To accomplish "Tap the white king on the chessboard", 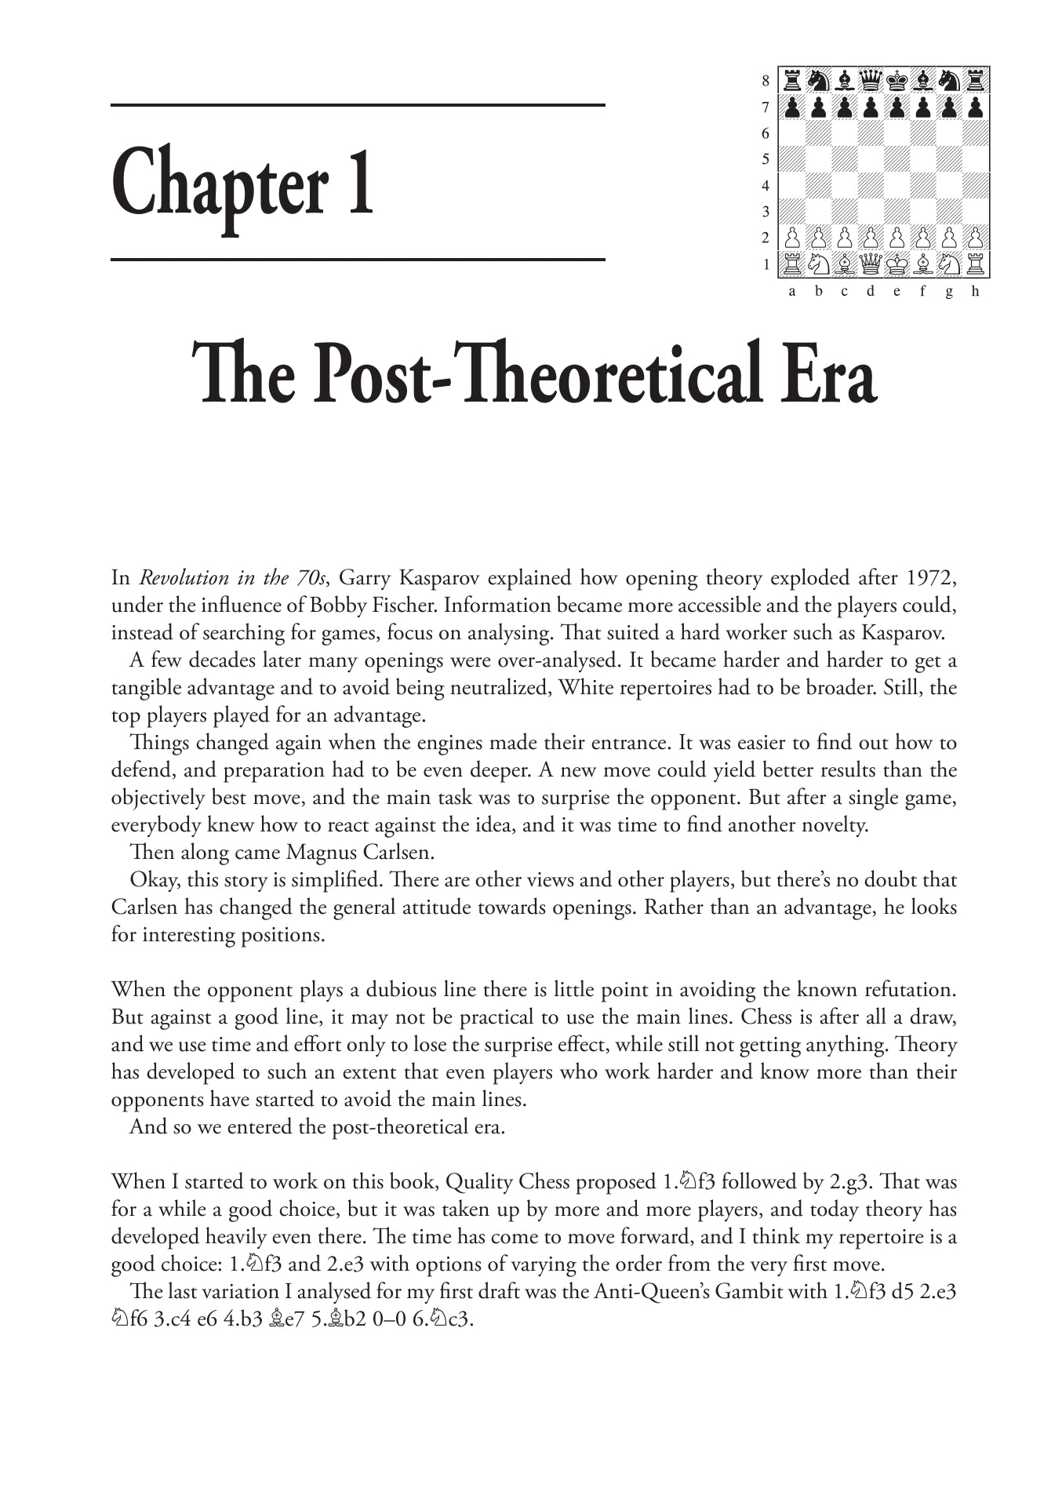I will (897, 264).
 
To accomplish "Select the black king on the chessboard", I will (897, 80).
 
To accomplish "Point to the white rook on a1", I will (792, 264).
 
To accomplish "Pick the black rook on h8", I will (976, 80).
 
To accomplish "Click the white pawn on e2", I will (897, 237).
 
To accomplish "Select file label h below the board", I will (975, 292).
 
